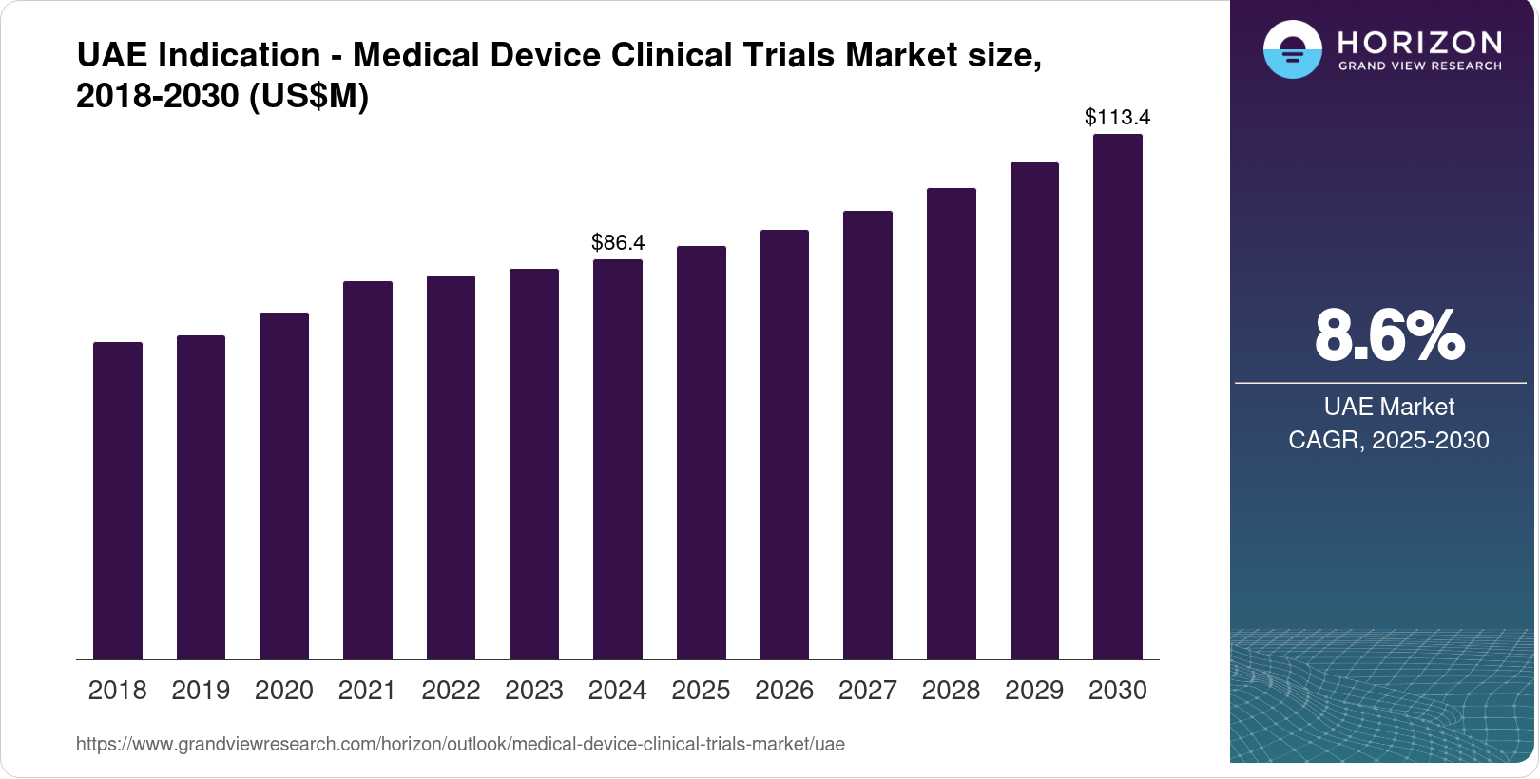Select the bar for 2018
(118, 501)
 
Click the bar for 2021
(368, 470)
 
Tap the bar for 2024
(618, 460)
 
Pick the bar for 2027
(868, 435)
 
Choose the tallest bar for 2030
(1118, 397)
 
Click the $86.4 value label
(618, 242)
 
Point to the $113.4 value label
(1118, 117)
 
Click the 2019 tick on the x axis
(201, 691)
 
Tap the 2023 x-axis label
(534, 691)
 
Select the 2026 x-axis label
(784, 691)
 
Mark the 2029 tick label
(1034, 691)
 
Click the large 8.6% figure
(1389, 335)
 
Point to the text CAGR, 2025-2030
(1389, 440)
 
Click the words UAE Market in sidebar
(1389, 407)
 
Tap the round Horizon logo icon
(1292, 49)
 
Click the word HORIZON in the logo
(1419, 42)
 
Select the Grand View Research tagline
(1419, 66)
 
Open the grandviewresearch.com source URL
(460, 744)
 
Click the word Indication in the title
(240, 55)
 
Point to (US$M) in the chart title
(308, 96)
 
